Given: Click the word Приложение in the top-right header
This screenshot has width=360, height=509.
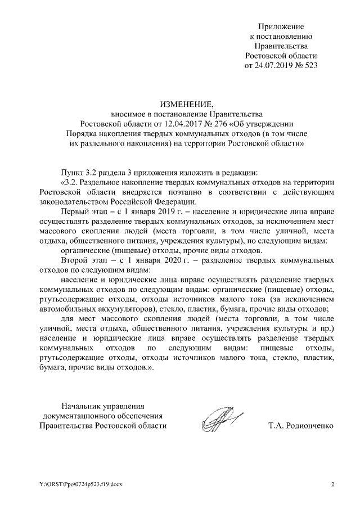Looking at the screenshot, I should [281, 26].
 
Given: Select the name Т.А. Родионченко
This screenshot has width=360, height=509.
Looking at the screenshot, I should [301, 425].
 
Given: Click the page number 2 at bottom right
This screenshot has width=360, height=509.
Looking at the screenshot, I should [332, 484].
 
